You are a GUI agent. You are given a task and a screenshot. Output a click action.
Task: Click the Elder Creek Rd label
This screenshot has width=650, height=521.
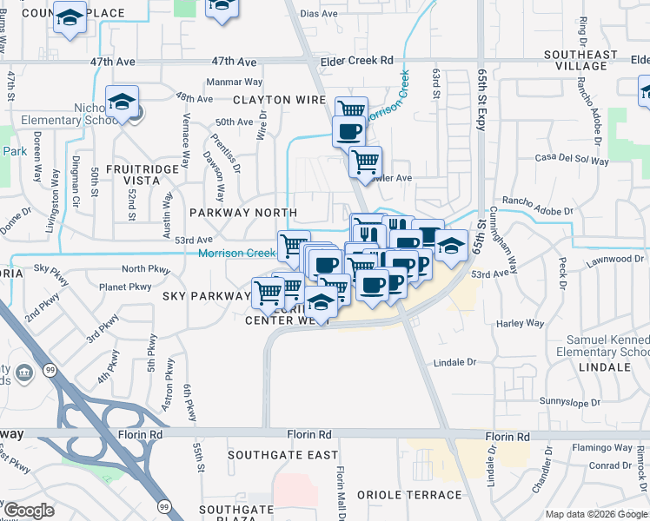coord(357,61)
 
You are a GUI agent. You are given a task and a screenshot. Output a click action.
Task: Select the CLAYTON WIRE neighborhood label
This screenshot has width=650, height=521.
coord(279,100)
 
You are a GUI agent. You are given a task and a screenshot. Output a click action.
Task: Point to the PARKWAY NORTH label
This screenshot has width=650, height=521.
coord(243,213)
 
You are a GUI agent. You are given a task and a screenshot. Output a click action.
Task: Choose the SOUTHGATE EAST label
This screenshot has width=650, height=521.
coord(282,455)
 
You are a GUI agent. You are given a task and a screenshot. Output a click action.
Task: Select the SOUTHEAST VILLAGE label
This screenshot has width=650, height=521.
coord(580,61)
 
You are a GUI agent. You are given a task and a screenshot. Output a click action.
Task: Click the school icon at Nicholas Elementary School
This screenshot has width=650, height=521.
coord(123,103)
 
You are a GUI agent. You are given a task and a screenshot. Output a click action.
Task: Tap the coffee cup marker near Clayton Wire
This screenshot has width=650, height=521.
coord(349,132)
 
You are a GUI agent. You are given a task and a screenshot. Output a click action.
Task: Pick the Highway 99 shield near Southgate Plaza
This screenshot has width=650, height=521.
coord(163,505)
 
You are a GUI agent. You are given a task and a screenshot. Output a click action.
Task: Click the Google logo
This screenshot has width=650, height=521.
coord(30,511)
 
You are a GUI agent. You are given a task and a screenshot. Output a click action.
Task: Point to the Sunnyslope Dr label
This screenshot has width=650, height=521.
coord(570,403)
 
